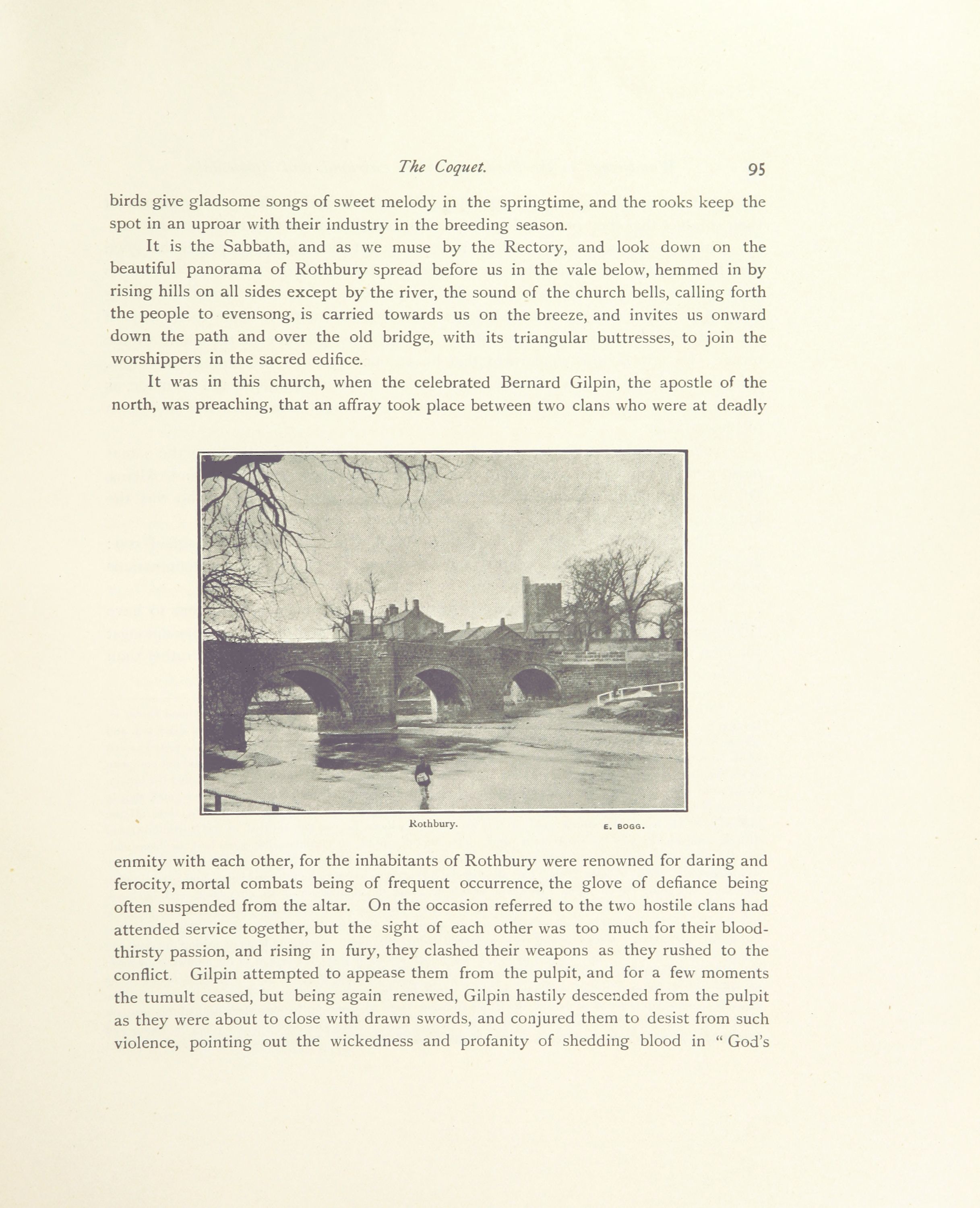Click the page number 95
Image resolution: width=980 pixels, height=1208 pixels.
757,170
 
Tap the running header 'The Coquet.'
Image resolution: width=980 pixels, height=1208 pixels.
442,167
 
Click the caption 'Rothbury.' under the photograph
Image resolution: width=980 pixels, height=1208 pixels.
433,824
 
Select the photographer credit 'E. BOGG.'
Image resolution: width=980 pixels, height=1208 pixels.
624,826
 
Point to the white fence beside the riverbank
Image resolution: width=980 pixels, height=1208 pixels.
641,691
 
